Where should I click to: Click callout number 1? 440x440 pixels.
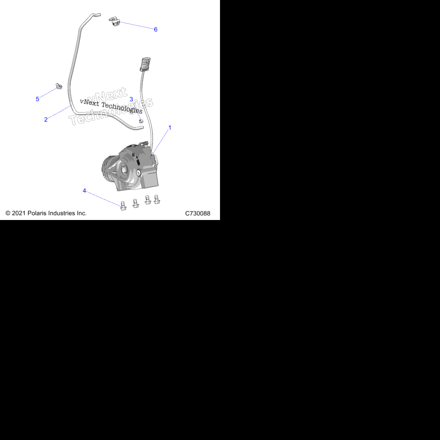(x=170, y=128)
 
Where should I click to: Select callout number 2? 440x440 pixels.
(x=46, y=119)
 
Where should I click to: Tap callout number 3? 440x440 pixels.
(x=131, y=99)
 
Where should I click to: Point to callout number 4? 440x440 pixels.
(x=84, y=191)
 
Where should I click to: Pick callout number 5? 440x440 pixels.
(x=37, y=99)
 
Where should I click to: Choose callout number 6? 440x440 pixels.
(x=156, y=30)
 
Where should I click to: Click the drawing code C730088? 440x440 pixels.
(x=198, y=214)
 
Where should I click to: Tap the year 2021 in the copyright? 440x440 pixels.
(x=18, y=213)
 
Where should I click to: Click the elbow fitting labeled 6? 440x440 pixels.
(x=114, y=21)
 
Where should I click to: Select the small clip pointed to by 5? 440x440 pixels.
(x=58, y=86)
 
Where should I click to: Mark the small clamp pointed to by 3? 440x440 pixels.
(x=141, y=121)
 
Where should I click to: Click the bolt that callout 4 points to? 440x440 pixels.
(x=123, y=206)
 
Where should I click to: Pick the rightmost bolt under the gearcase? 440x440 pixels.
(x=157, y=199)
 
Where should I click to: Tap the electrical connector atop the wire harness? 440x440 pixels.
(x=145, y=64)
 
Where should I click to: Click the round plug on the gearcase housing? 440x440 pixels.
(x=138, y=173)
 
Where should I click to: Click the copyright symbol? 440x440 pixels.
(x=8, y=213)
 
